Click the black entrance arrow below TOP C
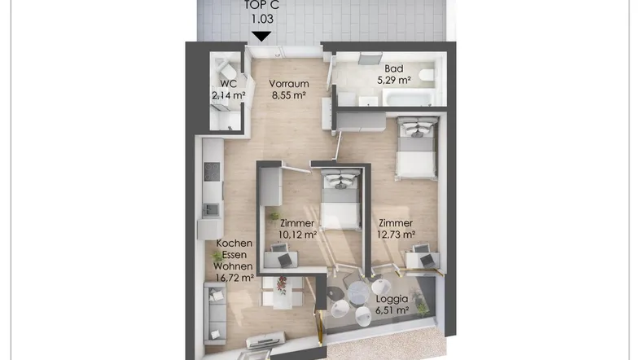(x=261, y=37)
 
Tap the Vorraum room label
(x=288, y=84)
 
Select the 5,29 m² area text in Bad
(x=393, y=80)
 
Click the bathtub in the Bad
(x=407, y=99)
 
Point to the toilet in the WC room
(x=226, y=70)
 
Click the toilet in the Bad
(x=427, y=76)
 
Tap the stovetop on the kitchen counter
(x=212, y=171)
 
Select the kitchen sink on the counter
(x=211, y=210)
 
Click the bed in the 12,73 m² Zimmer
(x=416, y=147)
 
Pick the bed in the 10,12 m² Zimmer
(x=341, y=200)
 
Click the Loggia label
(x=392, y=299)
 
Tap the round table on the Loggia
(x=358, y=292)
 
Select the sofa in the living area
(x=215, y=314)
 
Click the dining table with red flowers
(x=282, y=292)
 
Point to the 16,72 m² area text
(x=235, y=278)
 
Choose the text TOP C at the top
(x=261, y=6)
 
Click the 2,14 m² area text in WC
(x=229, y=95)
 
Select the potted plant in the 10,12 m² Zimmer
(x=274, y=216)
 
